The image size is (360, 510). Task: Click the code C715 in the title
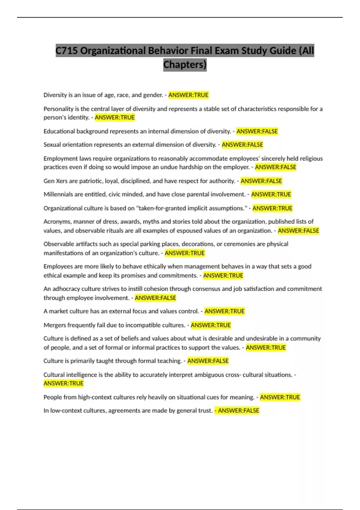(67, 51)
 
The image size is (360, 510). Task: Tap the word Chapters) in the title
(185, 64)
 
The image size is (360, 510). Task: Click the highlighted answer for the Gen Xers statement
(261, 181)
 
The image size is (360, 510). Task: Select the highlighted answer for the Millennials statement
(271, 194)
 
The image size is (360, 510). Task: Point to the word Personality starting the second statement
(58, 109)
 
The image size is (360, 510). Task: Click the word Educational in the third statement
(59, 131)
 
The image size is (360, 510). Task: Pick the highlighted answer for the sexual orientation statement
(242, 145)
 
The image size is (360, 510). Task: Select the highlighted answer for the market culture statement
(224, 311)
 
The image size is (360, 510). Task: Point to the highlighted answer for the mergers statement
(211, 325)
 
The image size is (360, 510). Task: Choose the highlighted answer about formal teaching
(208, 361)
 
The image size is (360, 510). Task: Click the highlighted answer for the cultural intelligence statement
(64, 383)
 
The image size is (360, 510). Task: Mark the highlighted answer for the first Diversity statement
(188, 95)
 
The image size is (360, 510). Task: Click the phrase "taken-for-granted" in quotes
(163, 208)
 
